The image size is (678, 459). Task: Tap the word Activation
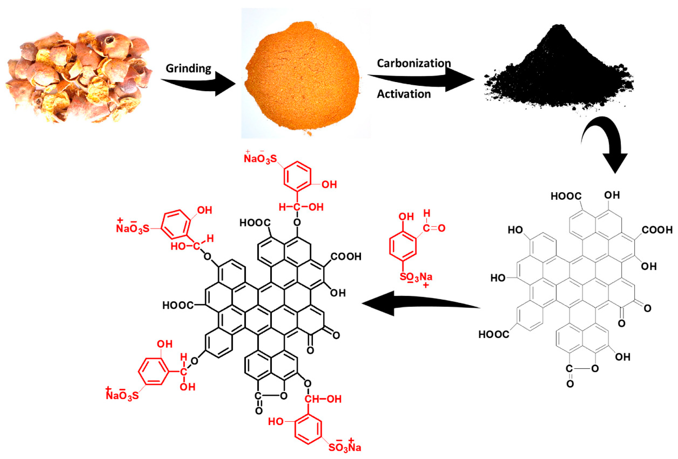point(404,94)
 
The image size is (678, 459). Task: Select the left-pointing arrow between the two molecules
point(414,303)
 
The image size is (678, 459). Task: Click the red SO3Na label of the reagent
point(416,277)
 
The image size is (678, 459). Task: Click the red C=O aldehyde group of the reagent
point(434,228)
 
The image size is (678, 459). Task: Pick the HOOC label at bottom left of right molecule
point(494,334)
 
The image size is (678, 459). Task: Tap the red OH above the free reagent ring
point(406,217)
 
